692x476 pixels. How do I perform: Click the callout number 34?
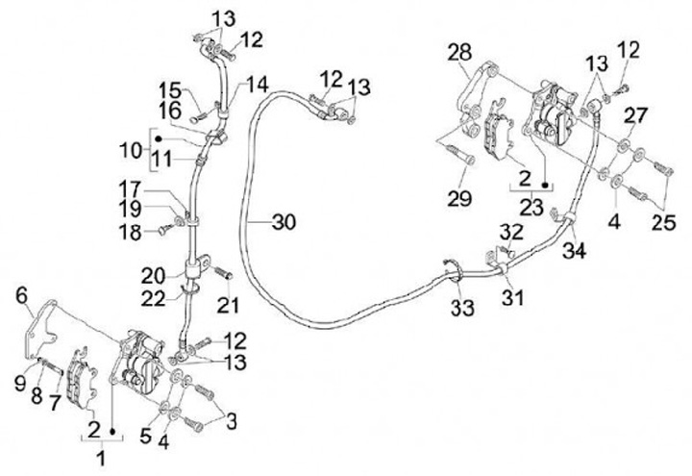pos(575,253)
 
